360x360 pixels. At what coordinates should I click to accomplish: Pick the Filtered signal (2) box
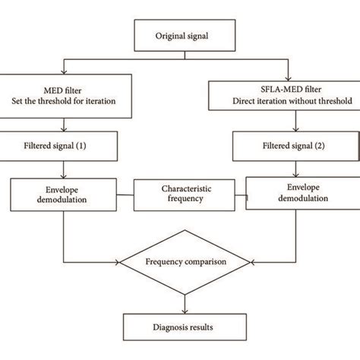(x=283, y=144)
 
